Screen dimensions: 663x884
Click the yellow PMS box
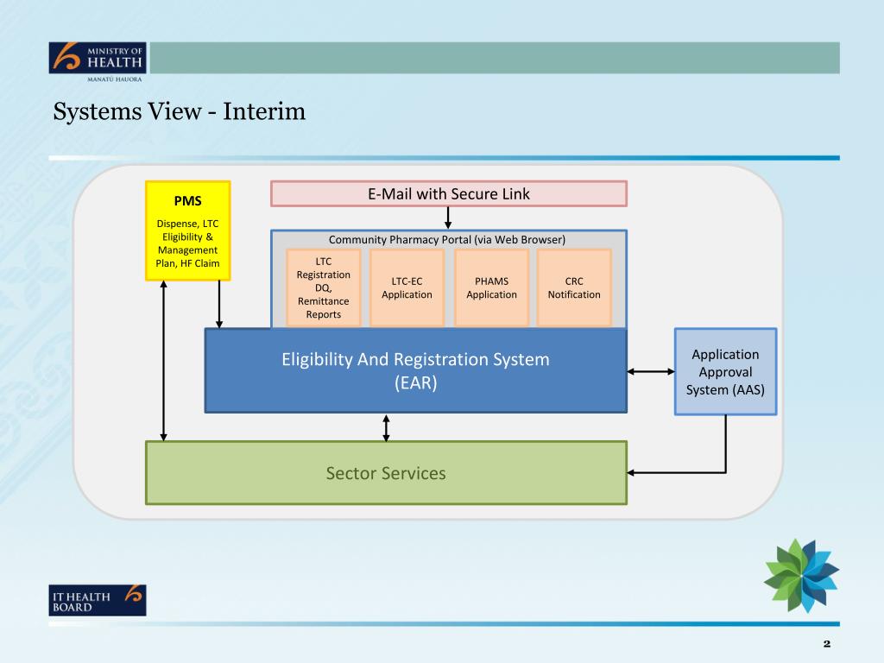pos(187,230)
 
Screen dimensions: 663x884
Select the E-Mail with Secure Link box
pos(448,194)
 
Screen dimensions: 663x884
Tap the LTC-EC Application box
pos(407,287)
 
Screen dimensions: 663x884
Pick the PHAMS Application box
pos(491,287)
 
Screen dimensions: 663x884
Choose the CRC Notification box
pos(574,287)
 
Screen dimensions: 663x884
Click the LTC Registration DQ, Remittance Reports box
pos(323,287)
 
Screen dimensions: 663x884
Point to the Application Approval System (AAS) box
pos(725,371)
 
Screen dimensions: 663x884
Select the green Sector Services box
pos(386,472)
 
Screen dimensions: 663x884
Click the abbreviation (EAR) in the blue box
pos(415,382)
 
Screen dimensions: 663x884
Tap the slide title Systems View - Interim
pos(180,112)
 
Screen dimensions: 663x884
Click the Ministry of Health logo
pos(98,60)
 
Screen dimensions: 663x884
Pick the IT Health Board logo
pos(98,600)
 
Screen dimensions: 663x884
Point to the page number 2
pos(826,644)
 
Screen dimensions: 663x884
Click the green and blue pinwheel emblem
pos(801,575)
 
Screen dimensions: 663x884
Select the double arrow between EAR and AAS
pos(650,371)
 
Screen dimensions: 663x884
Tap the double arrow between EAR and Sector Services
pos(386,427)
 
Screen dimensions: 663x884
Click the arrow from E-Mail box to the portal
pos(448,218)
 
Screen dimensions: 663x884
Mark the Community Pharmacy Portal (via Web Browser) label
pos(447,239)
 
